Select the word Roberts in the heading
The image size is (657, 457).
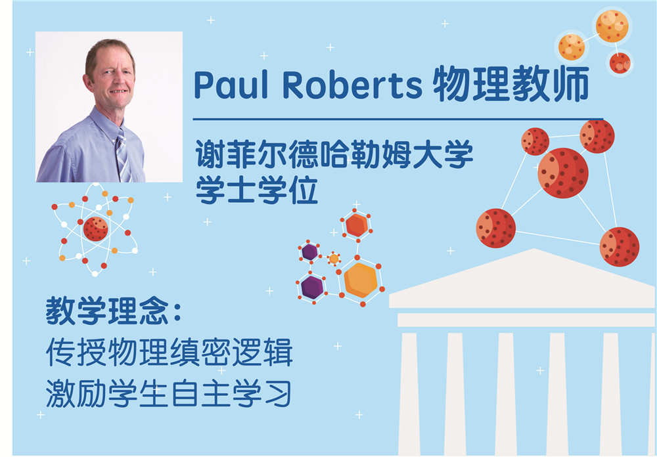(x=352, y=84)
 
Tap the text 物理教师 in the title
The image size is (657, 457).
(x=511, y=84)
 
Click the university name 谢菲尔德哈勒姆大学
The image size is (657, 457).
(x=334, y=154)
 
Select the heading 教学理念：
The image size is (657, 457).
(x=113, y=311)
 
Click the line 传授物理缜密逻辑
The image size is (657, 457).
(x=169, y=352)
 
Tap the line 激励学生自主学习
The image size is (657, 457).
(x=168, y=393)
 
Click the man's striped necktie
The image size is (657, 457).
(x=122, y=156)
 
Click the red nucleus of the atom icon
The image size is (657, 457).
(x=95, y=229)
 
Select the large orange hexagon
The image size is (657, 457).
(x=360, y=280)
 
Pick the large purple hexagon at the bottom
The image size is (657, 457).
(x=313, y=287)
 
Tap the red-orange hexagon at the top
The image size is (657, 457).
(x=357, y=225)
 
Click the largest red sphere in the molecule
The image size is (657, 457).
(x=563, y=173)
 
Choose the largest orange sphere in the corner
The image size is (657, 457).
(x=612, y=26)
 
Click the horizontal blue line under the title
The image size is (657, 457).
(x=397, y=120)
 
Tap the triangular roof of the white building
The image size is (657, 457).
(x=522, y=278)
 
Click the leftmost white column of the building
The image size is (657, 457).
(x=409, y=394)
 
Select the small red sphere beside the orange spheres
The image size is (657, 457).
(x=620, y=63)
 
